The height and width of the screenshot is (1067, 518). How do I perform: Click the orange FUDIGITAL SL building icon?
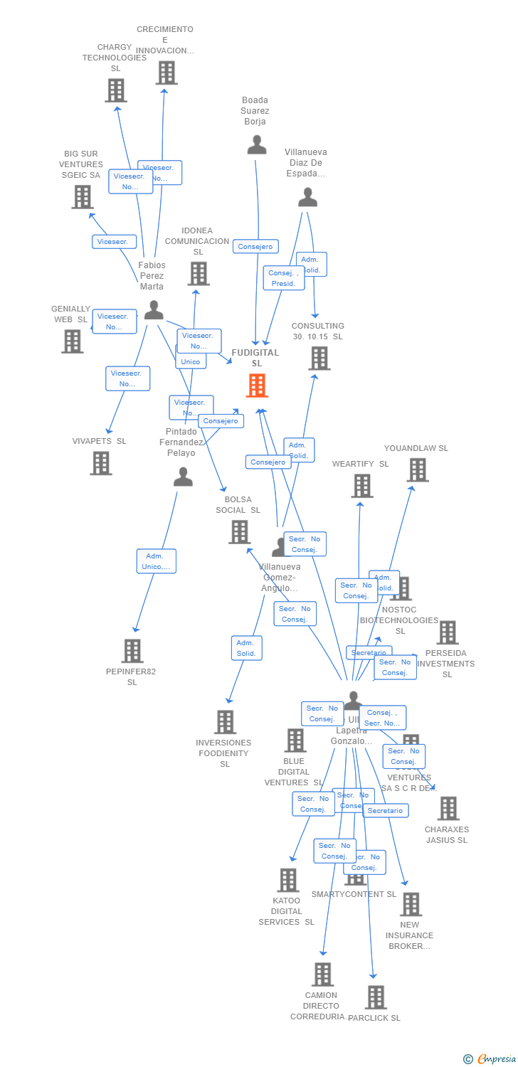pos(257,386)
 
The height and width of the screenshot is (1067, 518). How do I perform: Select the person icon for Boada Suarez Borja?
pos(256,145)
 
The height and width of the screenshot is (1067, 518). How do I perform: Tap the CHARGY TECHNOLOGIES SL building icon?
pos(116,90)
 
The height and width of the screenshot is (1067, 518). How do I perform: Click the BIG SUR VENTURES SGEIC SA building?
pos(83,197)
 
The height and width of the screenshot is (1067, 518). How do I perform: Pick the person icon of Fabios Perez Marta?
pos(154,310)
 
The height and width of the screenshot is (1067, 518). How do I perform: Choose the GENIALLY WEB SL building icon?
pos(72,341)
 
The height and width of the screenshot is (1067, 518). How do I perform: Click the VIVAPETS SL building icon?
pos(101,463)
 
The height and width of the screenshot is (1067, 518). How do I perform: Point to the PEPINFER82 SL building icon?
pos(132,651)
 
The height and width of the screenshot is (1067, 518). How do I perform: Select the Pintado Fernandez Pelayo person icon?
pos(183,477)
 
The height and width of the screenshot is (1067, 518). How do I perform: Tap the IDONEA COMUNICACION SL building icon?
pos(199,274)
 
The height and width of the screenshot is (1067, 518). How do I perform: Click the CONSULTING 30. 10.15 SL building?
pos(319,359)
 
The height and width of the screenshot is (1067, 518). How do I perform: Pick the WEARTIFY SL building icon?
pos(362,486)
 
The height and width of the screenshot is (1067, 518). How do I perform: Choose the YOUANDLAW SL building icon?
pos(418,470)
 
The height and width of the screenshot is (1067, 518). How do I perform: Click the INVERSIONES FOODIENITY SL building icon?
pos(225,722)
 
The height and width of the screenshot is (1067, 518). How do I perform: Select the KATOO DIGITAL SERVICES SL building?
pos(288,880)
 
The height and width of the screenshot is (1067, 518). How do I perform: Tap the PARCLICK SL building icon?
pos(376,997)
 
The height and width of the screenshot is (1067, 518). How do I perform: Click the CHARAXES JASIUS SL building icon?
pos(448,808)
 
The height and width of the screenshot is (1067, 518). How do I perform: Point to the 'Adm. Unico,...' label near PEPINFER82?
pos(157,561)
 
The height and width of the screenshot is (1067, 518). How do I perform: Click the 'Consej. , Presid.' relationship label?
pos(284,278)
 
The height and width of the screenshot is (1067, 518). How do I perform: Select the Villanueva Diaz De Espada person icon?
pos(307,198)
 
